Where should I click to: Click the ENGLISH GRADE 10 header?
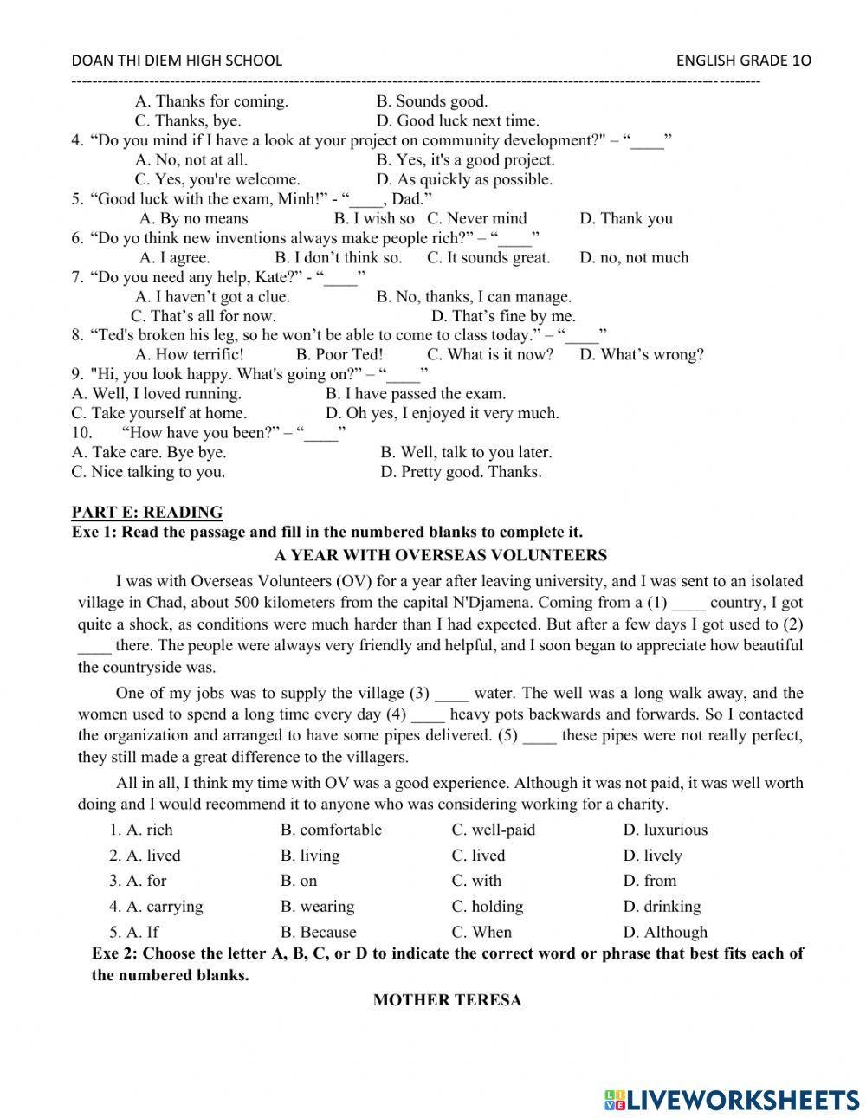[x=743, y=60]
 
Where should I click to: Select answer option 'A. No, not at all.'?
[x=191, y=159]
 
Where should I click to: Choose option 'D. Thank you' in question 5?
[x=625, y=218]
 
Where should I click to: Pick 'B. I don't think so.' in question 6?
[x=338, y=257]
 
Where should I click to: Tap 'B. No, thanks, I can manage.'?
[x=474, y=296]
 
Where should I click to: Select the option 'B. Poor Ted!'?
[x=339, y=354]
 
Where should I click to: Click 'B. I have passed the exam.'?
[x=415, y=393]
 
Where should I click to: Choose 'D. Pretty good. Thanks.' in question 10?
[x=460, y=472]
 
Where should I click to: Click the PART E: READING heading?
[x=146, y=512]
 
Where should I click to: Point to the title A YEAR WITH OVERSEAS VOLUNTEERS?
[x=440, y=555]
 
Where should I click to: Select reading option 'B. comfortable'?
[x=331, y=830]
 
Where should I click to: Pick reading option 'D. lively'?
[x=652, y=856]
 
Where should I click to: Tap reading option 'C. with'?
[x=476, y=881]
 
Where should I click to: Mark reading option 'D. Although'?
[x=664, y=933]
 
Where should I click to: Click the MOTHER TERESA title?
[x=447, y=1000]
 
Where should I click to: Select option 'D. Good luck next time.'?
[x=457, y=120]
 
